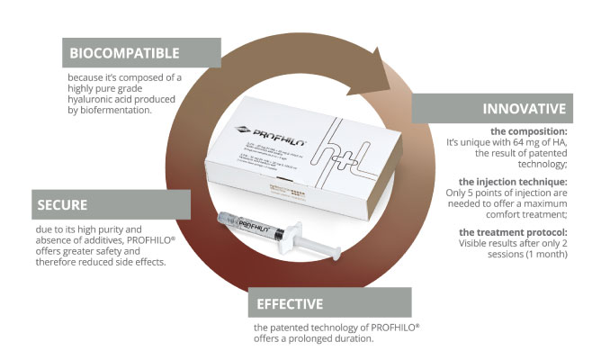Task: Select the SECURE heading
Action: tap(62, 204)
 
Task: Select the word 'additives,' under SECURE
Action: tap(119, 242)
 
